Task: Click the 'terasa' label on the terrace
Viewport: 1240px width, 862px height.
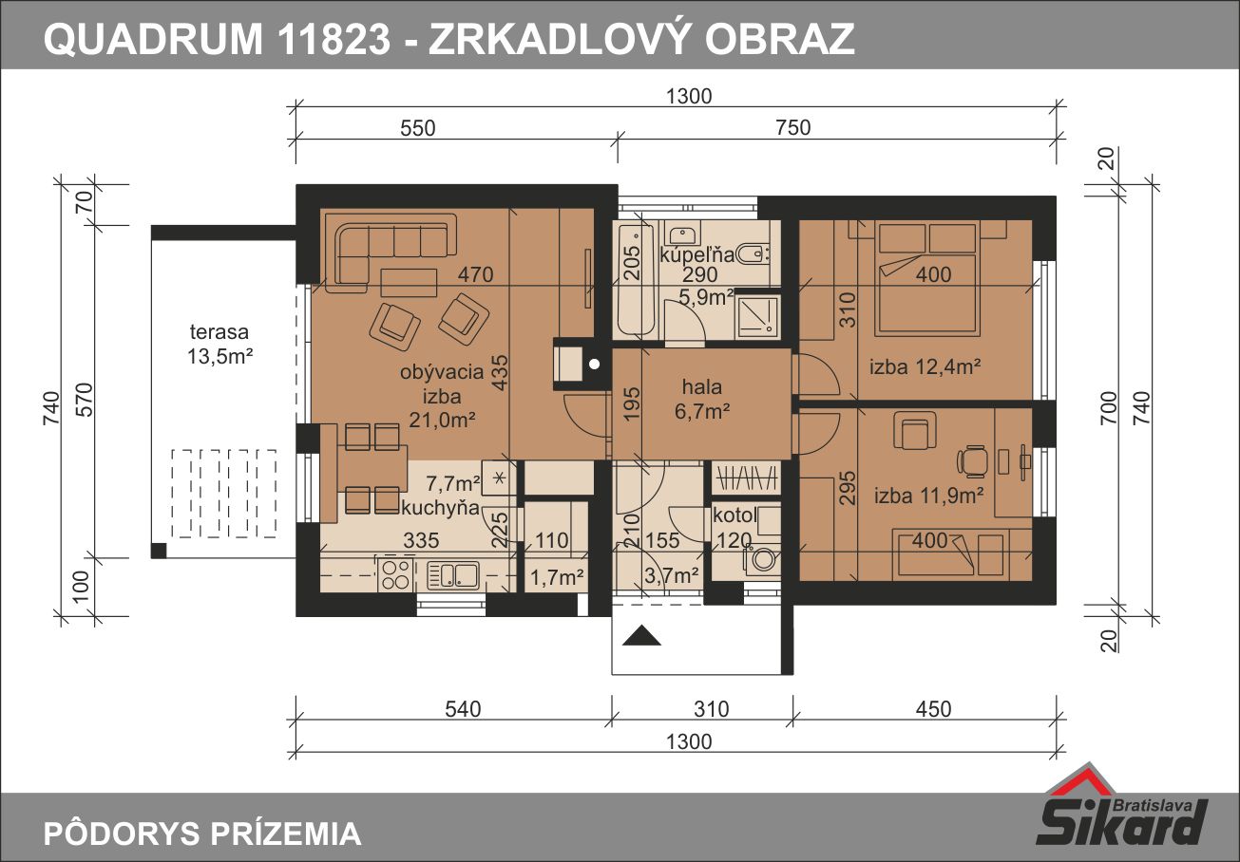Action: (x=219, y=331)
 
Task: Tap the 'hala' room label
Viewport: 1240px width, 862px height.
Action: (x=702, y=386)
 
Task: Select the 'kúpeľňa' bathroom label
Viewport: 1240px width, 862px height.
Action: (x=697, y=254)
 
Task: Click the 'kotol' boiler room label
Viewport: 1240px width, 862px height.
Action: (x=734, y=515)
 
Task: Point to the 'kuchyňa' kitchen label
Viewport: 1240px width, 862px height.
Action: (x=440, y=508)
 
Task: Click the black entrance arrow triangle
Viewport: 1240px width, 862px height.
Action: (x=641, y=635)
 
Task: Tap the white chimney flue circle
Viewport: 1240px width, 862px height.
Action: (x=594, y=364)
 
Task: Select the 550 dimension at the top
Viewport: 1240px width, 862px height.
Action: (x=418, y=128)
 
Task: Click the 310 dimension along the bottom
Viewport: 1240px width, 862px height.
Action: (x=712, y=709)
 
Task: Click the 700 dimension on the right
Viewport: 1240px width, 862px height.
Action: (x=1110, y=408)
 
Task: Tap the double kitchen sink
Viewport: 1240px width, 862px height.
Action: (x=452, y=575)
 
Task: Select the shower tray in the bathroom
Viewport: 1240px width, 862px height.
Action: (x=757, y=316)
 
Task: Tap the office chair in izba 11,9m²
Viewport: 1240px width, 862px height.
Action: (x=973, y=460)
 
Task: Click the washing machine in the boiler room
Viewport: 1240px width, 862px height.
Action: (x=762, y=559)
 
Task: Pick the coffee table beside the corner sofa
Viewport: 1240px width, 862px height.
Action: (x=410, y=283)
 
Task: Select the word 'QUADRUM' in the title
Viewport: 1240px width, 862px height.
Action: (x=153, y=39)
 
